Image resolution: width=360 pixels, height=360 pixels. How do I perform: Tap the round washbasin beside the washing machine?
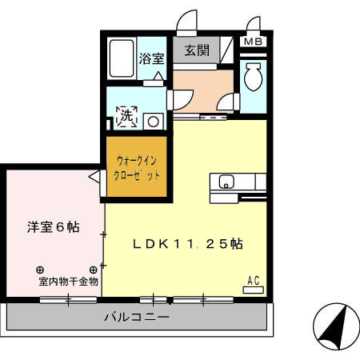151,122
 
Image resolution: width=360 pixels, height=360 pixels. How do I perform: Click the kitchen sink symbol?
225,182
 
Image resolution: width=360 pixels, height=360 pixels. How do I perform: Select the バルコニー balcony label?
136,317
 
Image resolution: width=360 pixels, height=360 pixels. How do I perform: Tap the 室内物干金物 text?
67,281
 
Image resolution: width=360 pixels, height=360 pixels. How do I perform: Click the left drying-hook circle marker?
39,270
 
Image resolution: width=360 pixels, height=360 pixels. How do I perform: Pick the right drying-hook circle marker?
93,270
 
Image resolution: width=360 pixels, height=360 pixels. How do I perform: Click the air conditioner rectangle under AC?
254,289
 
